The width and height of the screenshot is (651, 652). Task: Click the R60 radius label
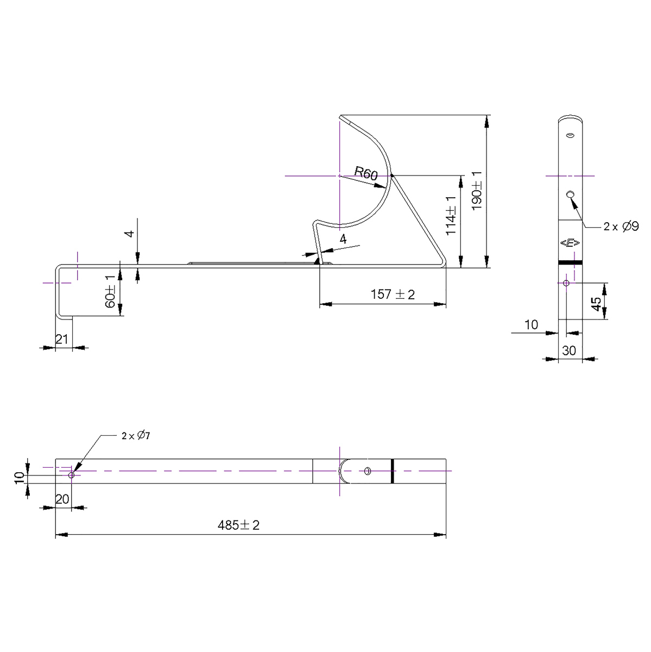pos(365,174)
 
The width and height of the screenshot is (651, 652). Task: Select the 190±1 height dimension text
pos(477,190)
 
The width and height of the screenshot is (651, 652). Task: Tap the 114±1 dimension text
pos(451,216)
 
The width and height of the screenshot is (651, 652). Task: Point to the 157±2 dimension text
pos(393,294)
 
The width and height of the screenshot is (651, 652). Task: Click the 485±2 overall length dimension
pos(239,525)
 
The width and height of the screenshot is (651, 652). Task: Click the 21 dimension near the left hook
pos(62,339)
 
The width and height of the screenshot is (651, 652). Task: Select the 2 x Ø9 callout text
pos(621,227)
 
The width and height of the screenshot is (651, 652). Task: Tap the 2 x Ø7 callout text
pos(135,436)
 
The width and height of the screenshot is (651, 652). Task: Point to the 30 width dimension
pos(569,351)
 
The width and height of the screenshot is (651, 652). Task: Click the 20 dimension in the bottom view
pos(62,499)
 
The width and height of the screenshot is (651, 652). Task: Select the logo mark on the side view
pos(570,243)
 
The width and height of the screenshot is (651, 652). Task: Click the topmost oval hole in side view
pos(570,135)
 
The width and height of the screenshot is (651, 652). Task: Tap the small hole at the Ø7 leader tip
pos(71,475)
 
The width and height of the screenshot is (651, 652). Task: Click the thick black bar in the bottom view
pos(391,471)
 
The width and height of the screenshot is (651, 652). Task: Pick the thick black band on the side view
pos(570,262)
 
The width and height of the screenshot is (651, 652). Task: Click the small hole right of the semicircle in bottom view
pos(368,471)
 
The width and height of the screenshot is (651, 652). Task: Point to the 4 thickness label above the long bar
pos(129,234)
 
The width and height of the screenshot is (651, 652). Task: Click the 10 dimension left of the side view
pos(532,325)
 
